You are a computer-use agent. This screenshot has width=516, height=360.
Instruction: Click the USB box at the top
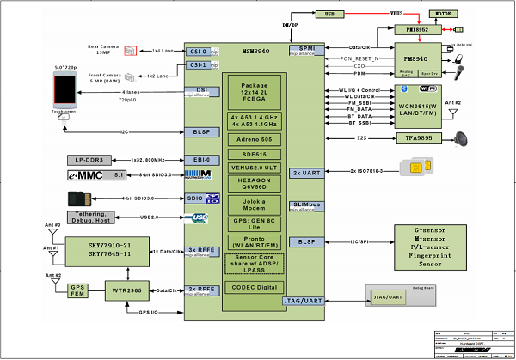[329, 15]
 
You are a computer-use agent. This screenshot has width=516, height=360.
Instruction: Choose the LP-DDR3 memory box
[90, 161]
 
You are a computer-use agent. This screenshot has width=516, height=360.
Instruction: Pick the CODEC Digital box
[255, 286]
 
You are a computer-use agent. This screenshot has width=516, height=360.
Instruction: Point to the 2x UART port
[307, 172]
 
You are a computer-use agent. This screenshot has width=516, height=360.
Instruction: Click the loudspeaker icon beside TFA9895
[464, 137]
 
